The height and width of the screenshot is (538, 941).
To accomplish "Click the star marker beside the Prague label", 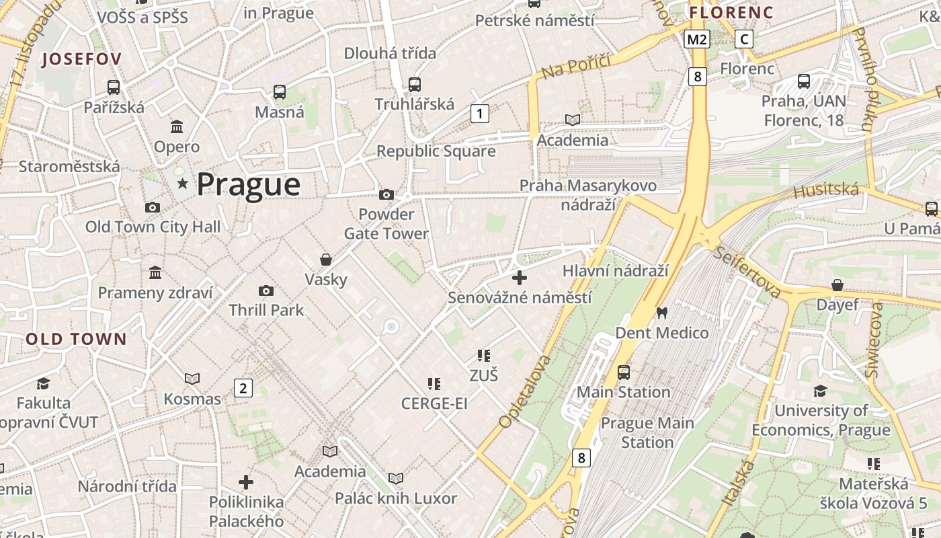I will pos(181,184).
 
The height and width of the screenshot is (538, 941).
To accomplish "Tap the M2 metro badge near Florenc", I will pos(697,40).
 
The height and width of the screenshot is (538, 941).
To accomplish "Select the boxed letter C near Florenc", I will pos(744,40).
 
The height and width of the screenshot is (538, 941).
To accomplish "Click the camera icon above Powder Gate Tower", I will pos(386,195).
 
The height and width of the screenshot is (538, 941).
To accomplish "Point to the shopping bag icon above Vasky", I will pos(326,260).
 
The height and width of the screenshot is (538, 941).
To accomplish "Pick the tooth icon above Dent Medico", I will pos(662,313).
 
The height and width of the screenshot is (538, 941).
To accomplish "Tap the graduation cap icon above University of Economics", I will pos(820,391).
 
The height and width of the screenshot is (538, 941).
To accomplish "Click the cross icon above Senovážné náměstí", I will pos(519,277).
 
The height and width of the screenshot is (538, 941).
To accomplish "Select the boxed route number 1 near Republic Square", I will pos(479,114).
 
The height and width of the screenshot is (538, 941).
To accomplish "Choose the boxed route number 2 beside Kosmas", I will pos(243,388).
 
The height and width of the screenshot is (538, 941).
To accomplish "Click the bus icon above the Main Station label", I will pos(624,372).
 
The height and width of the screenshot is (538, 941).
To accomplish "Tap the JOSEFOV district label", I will pos(81,59).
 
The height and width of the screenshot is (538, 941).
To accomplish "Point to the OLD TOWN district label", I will pos(76,339).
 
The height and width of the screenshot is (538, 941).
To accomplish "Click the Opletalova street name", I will pos(524,392).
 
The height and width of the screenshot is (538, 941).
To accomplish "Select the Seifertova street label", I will pos(747,272).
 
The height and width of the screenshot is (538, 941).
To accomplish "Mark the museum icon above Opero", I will pos(177,126).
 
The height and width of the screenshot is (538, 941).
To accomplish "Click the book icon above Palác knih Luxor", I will pos(396,478).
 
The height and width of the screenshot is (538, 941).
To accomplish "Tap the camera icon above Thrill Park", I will pos(266,291).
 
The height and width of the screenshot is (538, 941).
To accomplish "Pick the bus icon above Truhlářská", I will pos(415,85).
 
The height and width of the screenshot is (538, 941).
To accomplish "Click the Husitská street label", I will pos(826,191).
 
